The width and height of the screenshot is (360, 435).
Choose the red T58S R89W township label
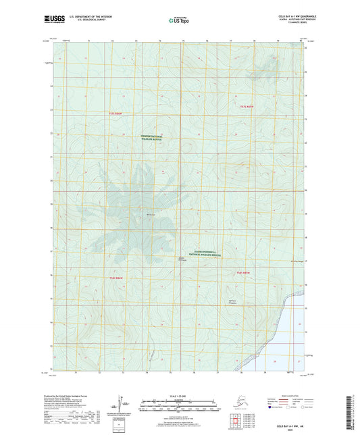(x=245, y=272)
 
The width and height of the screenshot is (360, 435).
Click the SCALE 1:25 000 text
(x=179, y=395)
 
